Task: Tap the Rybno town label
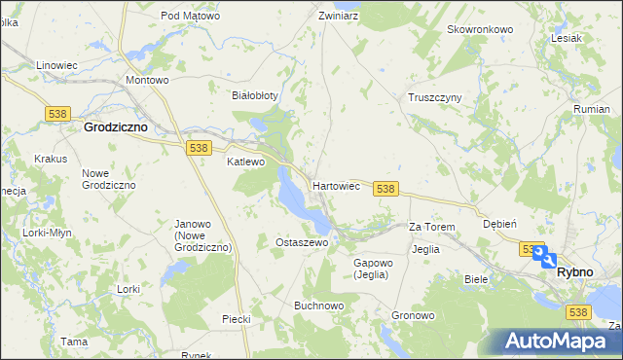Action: click(574, 272)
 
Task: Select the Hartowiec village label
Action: click(337, 184)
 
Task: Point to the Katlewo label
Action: click(245, 162)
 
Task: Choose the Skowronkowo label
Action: click(480, 29)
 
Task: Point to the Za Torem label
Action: click(431, 227)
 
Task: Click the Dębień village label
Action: click(499, 223)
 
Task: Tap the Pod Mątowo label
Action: click(191, 16)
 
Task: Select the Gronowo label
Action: click(413, 316)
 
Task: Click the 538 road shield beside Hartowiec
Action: click(385, 188)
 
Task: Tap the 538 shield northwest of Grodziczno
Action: click(55, 114)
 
